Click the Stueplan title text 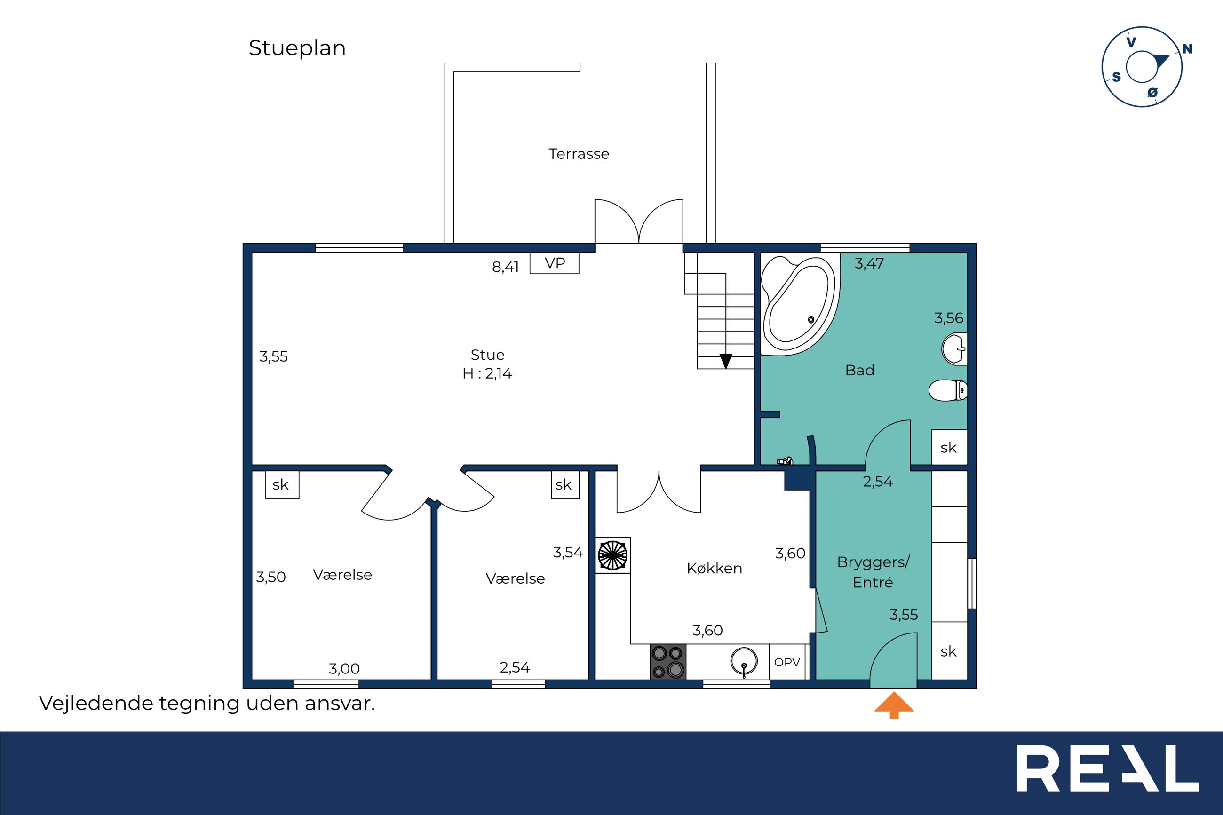[297, 48]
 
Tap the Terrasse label [579, 154]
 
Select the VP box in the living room [554, 263]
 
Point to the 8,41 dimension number [505, 267]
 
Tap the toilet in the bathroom [947, 390]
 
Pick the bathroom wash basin [954, 349]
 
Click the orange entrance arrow [894, 705]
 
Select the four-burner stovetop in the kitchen [668, 662]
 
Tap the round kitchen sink [744, 662]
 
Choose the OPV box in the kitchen [787, 662]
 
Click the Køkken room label [714, 569]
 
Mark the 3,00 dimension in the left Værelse [343, 668]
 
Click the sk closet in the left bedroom [282, 484]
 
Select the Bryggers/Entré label [873, 572]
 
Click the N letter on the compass [1187, 49]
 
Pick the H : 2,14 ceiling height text [487, 374]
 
